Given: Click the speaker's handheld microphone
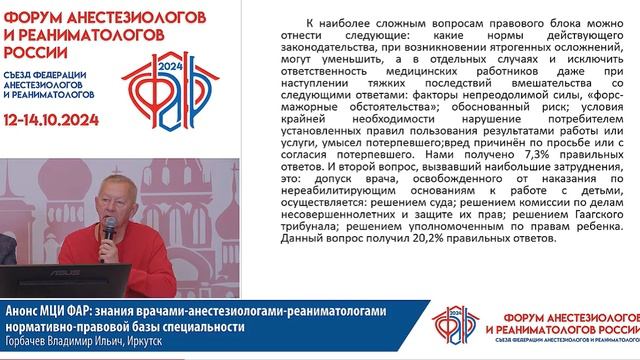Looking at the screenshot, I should tap(107, 229).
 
